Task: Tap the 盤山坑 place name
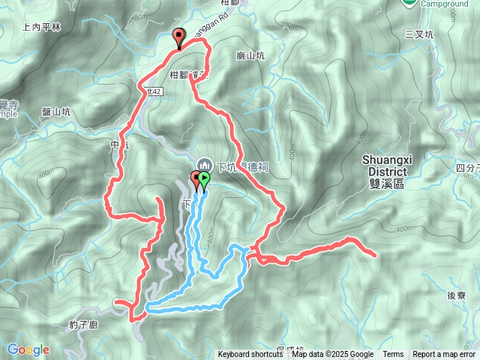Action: click(55, 112)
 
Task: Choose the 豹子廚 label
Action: click(82, 325)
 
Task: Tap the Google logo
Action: click(28, 349)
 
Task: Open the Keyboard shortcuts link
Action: click(250, 355)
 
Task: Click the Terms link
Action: click(393, 355)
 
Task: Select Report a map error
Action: click(444, 355)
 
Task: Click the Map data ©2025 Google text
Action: click(333, 355)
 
